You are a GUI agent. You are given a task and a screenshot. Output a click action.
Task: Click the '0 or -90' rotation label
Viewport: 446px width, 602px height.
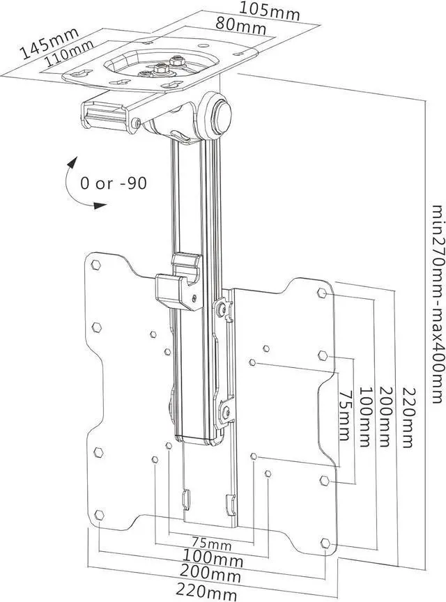point(113,184)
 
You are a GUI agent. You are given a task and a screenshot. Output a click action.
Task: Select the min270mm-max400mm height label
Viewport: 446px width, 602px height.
point(436,304)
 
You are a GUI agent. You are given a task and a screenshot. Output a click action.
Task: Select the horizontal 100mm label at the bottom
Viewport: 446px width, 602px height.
point(213,559)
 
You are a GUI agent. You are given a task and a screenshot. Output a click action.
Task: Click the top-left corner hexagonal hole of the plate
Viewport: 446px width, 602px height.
point(97,265)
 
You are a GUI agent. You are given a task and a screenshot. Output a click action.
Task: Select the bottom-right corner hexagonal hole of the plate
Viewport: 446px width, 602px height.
point(325,543)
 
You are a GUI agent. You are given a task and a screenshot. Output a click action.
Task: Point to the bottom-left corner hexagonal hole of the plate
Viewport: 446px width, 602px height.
point(99,515)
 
